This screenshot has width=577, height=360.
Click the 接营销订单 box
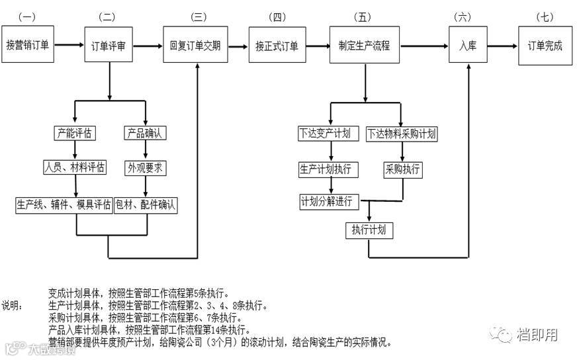pos(28,46)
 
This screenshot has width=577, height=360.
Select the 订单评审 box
pos(109,46)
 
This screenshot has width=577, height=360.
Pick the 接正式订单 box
pos(277,46)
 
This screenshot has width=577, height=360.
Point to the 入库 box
pos(468,46)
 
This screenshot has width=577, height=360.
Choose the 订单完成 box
pos(545,46)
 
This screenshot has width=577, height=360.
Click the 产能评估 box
pos(74,133)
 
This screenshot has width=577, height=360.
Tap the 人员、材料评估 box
pos(74,167)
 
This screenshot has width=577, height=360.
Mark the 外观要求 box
pos(146,168)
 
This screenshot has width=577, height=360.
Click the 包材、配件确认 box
pos(146,204)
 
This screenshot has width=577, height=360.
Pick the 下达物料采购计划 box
pos(402,134)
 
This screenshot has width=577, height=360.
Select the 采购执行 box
pos(402,169)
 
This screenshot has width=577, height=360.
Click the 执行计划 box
pos(369,230)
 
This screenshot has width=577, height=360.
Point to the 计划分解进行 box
pos(326,201)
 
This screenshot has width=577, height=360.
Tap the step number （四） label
pos(277,16)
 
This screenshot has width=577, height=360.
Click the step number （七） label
pos(545,16)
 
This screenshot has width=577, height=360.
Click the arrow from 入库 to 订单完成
pos(502,46)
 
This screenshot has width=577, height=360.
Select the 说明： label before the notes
pos(12,306)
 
